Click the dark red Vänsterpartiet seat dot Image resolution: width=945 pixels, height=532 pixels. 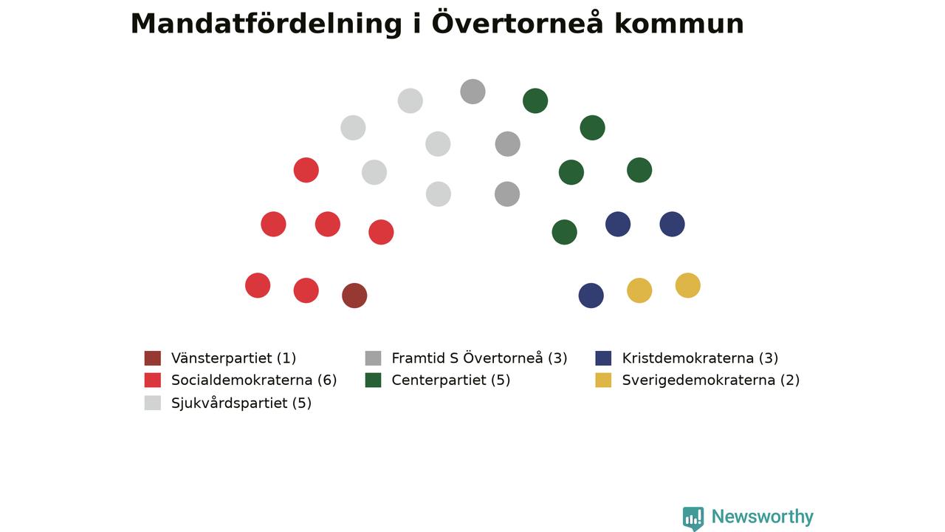[354, 296]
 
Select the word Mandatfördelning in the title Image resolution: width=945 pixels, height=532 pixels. [267, 24]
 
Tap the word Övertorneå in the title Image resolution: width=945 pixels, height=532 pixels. [518, 22]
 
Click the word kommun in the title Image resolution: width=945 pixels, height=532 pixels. [679, 24]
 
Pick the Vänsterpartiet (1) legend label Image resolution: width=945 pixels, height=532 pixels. [234, 358]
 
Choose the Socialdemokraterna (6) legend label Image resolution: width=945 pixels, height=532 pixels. [254, 380]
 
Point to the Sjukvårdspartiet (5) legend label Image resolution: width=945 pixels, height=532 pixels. [241, 403]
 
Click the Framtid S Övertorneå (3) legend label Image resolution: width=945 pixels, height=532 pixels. [479, 358]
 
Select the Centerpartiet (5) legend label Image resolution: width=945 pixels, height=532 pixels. [451, 380]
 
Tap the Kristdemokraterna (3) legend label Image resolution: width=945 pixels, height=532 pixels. [700, 358]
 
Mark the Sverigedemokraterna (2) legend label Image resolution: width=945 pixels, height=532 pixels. [711, 380]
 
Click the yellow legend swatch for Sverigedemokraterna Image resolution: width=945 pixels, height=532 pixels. [603, 380]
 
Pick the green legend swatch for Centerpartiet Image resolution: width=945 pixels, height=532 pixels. [374, 380]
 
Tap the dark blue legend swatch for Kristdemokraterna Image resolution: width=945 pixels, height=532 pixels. [603, 358]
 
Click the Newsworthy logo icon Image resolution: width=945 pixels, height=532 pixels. [693, 519]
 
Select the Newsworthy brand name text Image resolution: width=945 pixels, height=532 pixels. [763, 516]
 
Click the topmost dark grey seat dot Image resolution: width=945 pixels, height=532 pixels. [472, 92]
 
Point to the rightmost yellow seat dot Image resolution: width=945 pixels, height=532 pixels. [687, 285]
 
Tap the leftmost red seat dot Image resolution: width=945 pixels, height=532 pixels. [258, 285]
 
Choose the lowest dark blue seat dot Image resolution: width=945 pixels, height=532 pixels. [591, 296]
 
